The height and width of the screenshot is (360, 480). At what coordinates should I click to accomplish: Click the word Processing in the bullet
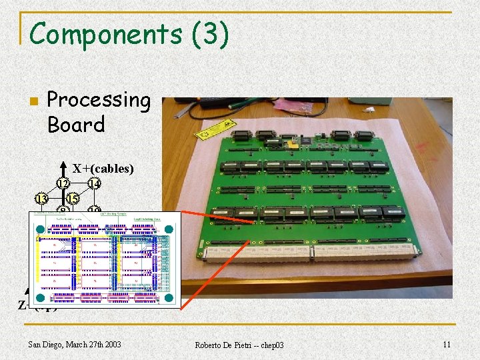(x=99, y=99)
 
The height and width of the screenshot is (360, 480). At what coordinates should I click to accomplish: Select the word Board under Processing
(x=76, y=124)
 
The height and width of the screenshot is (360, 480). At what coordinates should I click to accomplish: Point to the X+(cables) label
(x=103, y=169)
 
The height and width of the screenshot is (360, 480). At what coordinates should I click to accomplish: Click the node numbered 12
(x=63, y=183)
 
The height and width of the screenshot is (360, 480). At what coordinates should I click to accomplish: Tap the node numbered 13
(x=41, y=199)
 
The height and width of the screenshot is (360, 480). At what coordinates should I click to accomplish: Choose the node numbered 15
(x=73, y=199)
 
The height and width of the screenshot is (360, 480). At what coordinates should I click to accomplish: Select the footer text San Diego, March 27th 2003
(x=75, y=344)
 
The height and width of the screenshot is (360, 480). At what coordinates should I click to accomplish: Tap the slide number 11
(x=446, y=344)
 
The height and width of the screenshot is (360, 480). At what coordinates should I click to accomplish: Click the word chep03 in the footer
(x=271, y=345)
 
